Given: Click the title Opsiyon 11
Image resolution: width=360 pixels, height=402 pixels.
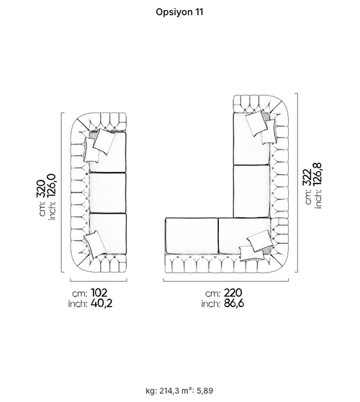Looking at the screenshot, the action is point(179,12).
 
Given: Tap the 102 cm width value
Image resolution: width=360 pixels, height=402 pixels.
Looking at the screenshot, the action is point(99,293).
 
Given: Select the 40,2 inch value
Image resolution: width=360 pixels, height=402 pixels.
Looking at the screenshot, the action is point(102,303).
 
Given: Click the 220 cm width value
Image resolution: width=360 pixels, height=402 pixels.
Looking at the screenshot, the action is point(233,293).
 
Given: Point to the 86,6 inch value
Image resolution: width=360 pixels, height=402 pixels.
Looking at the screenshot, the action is point(234,303).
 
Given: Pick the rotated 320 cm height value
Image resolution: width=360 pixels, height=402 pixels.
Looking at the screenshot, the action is point(42,188).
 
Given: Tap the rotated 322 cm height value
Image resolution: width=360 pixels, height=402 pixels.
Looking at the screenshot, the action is point(307,177).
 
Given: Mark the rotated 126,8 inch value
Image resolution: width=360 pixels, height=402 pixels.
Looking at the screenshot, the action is point(318,174).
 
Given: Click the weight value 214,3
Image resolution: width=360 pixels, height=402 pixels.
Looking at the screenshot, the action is point(170,391).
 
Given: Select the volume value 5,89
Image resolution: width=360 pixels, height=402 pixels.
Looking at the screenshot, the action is point(204,391).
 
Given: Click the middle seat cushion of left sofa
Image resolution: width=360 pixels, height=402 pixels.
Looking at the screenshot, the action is point(107,193).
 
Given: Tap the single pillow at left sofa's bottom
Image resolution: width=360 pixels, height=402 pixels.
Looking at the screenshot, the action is point(95,244).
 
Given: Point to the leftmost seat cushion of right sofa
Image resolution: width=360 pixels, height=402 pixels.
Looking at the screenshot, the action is point(192,236).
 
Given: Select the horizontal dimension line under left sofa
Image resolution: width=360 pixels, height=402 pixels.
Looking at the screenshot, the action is point(99,281).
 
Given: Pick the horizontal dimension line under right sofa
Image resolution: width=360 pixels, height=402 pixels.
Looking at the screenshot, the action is point(226,281).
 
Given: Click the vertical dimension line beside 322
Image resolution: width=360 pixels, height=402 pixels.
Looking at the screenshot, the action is point(297,183).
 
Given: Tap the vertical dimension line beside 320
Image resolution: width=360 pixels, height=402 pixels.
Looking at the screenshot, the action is point(61,192).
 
